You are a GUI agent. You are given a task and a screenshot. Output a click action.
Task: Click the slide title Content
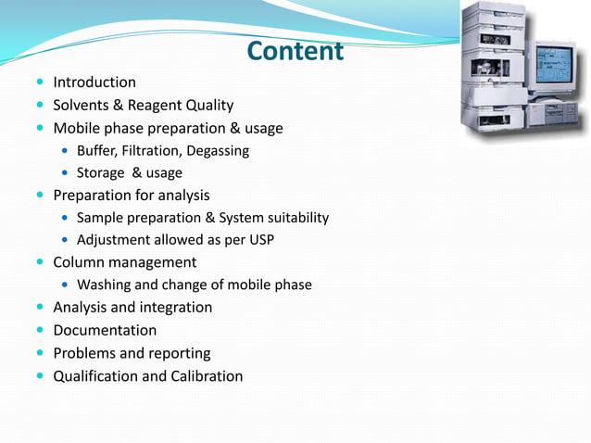pyautogui.click(x=295, y=51)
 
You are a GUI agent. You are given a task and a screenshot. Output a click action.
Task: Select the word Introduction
pyautogui.click(x=94, y=82)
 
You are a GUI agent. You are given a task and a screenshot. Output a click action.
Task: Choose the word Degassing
pyautogui.click(x=218, y=150)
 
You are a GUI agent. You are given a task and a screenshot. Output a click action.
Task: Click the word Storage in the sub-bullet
pyautogui.click(x=101, y=172)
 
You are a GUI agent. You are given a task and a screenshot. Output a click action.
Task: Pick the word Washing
pyautogui.click(x=104, y=285)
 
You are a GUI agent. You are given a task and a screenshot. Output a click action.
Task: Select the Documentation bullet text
pyautogui.click(x=105, y=330)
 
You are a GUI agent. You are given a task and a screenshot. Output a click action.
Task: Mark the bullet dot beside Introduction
pyautogui.click(x=40, y=82)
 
